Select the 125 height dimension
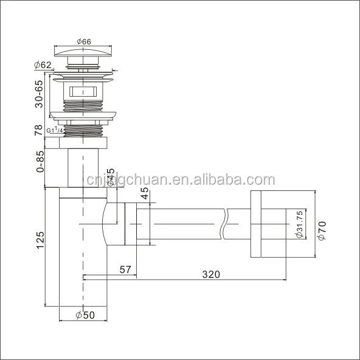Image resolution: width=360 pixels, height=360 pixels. click(x=40, y=240)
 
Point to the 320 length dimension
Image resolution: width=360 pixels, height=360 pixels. click(x=211, y=274)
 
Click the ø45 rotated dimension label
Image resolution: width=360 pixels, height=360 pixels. click(x=111, y=179)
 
